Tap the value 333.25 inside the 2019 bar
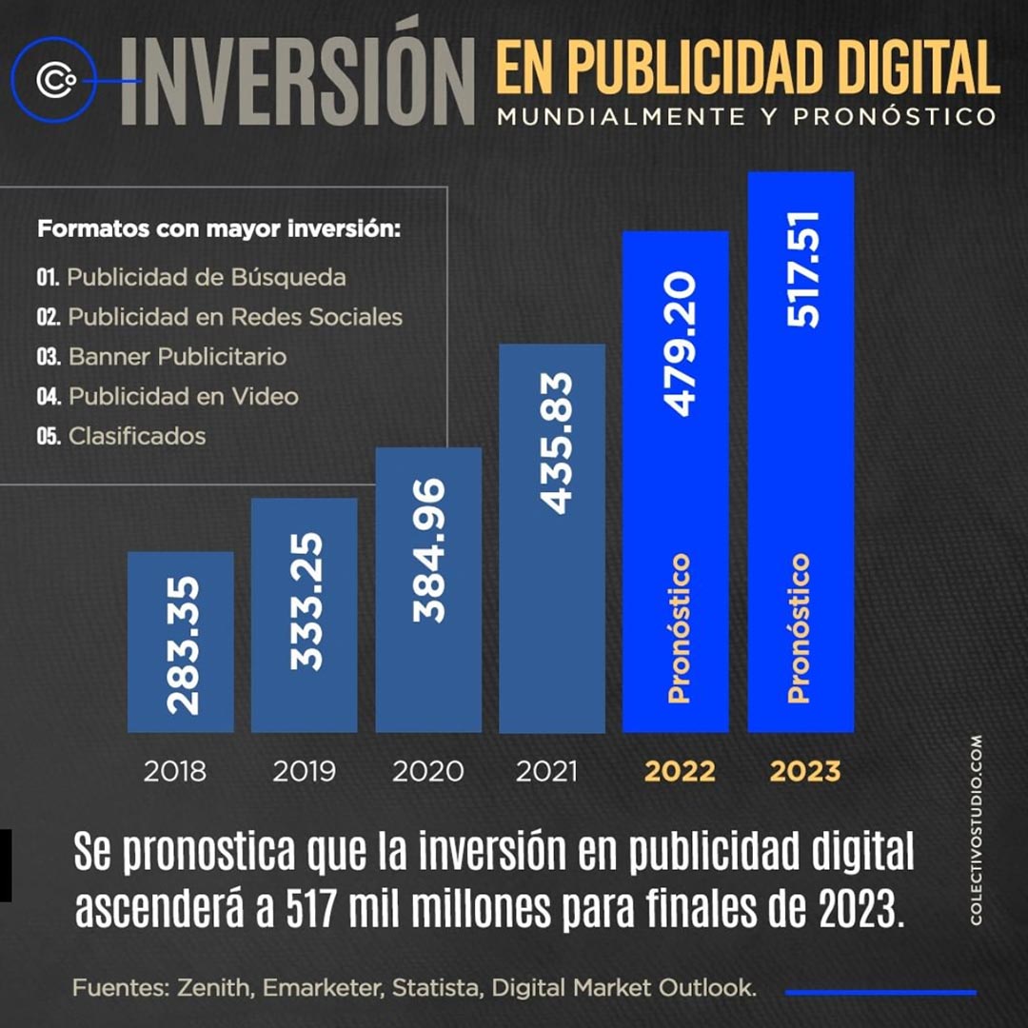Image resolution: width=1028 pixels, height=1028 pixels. (306, 602)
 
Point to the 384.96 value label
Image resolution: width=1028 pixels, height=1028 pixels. (429, 550)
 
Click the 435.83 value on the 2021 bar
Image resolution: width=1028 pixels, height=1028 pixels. (553, 443)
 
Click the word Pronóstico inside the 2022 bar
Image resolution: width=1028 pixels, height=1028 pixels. (678, 628)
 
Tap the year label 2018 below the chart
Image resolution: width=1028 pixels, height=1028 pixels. (175, 771)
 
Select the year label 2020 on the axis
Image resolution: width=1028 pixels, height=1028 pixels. (428, 771)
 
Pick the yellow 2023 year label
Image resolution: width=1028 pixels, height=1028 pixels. (805, 771)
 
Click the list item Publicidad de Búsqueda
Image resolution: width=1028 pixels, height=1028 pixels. (207, 278)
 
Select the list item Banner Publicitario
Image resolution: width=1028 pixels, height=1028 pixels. (177, 357)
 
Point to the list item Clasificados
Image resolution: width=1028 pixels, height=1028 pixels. (137, 436)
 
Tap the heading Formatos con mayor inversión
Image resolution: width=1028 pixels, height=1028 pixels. (219, 229)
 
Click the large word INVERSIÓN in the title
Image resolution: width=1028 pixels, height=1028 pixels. (297, 82)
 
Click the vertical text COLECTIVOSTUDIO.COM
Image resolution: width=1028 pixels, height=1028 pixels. (976, 828)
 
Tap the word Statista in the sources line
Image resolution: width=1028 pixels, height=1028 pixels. (441, 988)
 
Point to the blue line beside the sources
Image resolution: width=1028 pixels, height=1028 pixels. (880, 992)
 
